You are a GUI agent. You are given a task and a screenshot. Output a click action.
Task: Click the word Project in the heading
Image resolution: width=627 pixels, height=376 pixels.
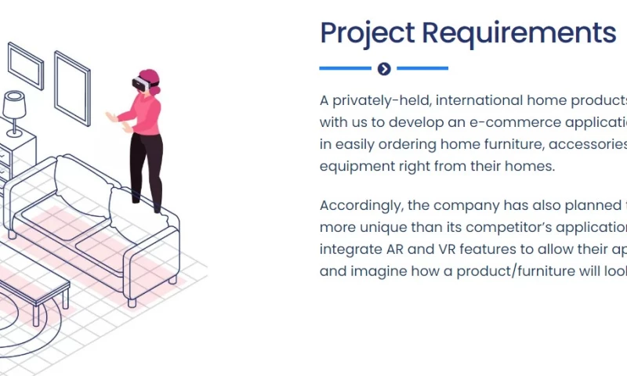(367, 34)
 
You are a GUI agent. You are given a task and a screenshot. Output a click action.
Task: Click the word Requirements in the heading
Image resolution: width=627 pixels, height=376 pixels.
(519, 34)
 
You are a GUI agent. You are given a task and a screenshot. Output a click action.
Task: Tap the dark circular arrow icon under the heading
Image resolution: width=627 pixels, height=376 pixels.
(384, 69)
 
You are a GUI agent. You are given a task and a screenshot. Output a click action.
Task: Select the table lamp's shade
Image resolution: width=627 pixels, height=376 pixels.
(15, 103)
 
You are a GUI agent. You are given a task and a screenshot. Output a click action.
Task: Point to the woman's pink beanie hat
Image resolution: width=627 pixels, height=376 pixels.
(150, 76)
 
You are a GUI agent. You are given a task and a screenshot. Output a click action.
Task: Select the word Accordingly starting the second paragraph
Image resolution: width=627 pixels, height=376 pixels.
(362, 205)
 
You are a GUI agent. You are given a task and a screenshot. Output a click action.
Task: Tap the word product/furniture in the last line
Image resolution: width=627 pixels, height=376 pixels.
(497, 271)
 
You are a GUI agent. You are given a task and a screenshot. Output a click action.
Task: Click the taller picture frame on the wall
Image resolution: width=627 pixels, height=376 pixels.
(72, 86)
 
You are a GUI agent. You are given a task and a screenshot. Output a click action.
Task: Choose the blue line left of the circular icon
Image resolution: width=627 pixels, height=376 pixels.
(345, 69)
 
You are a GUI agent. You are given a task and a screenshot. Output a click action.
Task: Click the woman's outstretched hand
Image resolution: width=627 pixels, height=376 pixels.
(111, 117)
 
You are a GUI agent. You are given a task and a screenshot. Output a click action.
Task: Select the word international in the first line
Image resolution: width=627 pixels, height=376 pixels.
(472, 101)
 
